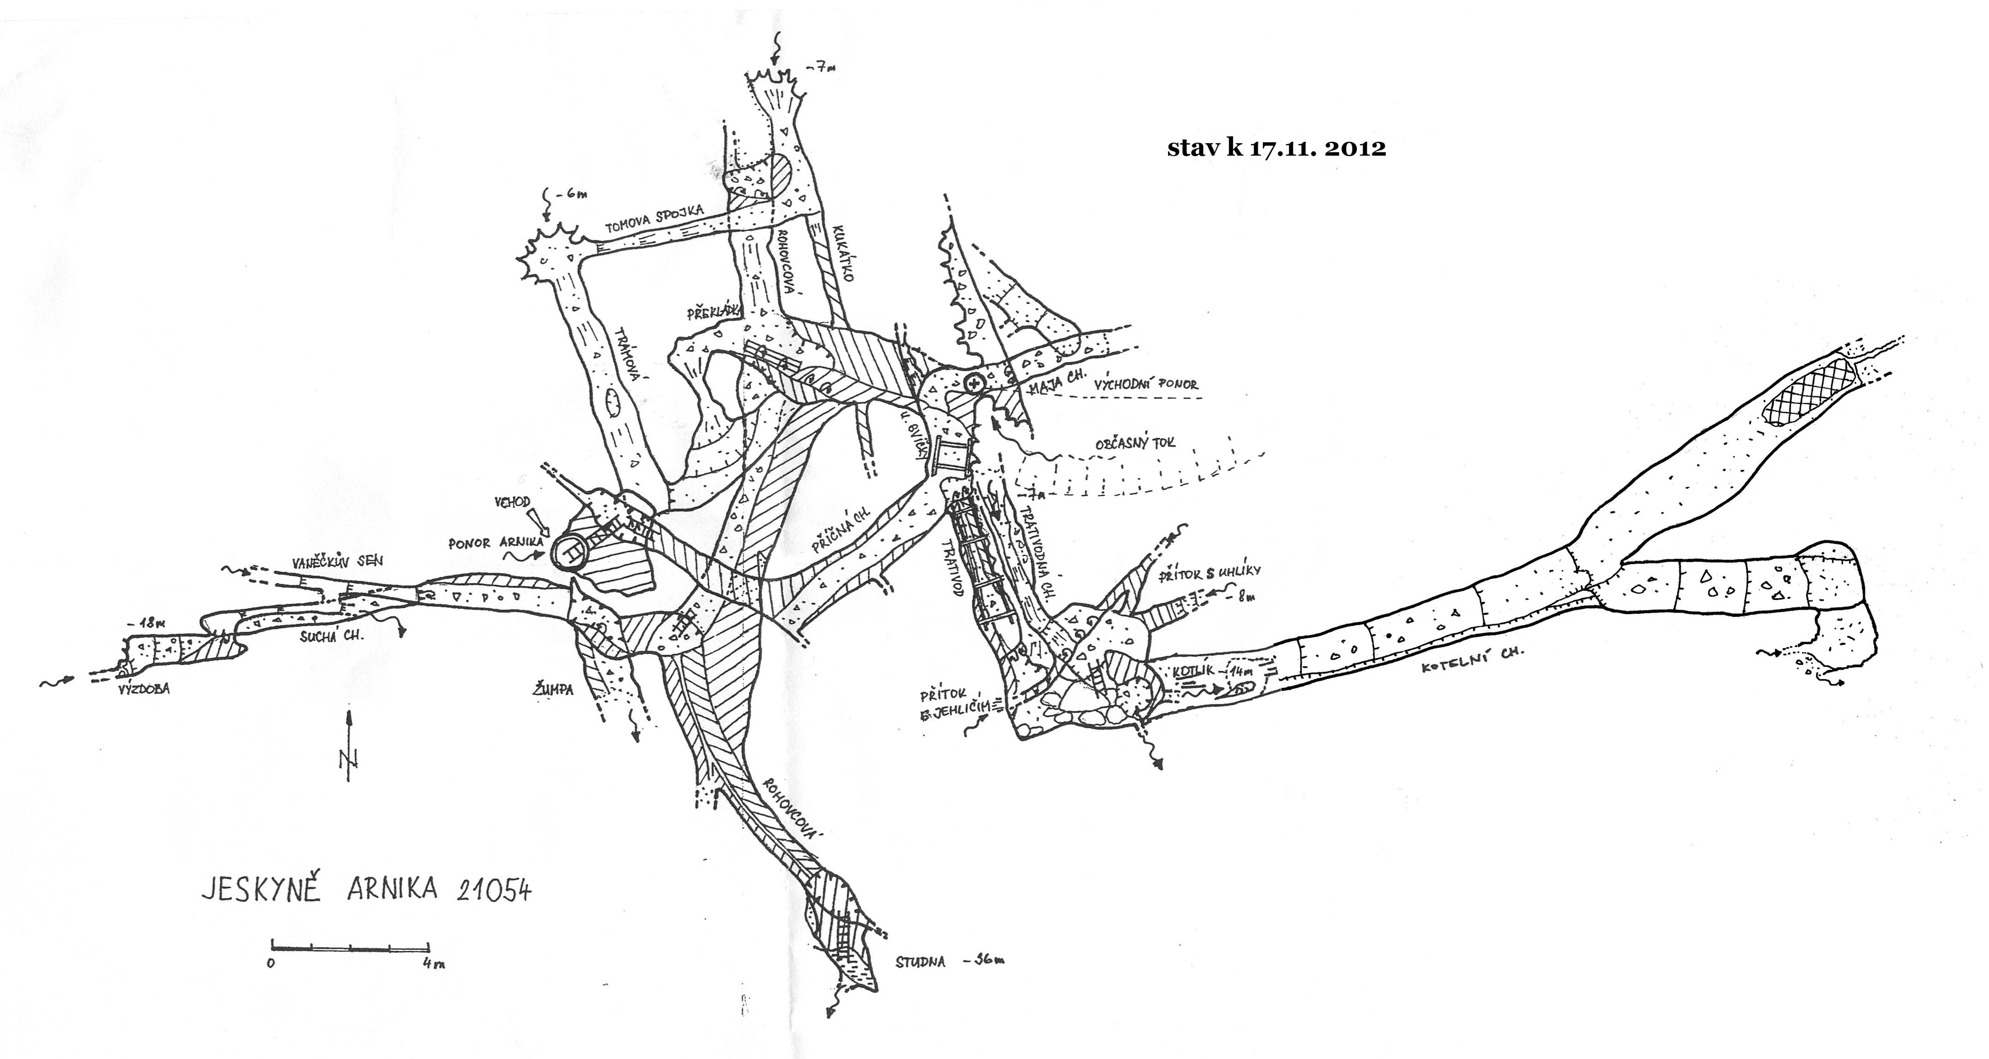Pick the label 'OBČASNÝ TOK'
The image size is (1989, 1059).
[1135, 443]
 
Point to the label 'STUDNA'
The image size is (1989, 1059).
[921, 962]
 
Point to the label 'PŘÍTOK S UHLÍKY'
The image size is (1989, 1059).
[1209, 572]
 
